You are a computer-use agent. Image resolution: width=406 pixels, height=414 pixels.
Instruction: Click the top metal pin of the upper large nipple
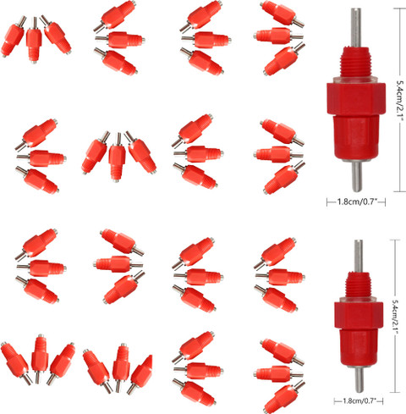pos(356,28)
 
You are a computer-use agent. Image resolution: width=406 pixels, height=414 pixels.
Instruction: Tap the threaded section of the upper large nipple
pos(356,62)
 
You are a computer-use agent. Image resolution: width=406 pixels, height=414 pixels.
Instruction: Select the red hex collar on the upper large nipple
pos(356,99)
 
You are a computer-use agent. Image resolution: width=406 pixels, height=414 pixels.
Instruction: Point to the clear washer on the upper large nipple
pos(356,80)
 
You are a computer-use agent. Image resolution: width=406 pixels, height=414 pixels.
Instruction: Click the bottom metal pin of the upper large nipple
pos(357,176)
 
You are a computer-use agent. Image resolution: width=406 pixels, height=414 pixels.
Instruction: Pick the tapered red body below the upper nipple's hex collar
pos(356,138)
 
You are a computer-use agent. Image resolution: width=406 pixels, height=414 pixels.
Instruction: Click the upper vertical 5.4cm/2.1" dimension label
pos(400,100)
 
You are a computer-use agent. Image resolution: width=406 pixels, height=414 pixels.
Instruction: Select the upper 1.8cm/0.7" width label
pos(357,201)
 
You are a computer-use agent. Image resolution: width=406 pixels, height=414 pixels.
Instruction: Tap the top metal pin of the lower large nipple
pos(359,257)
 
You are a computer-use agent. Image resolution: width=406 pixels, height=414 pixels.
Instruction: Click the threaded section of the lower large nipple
pos(359,284)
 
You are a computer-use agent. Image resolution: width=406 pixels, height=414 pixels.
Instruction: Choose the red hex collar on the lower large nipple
pos(359,316)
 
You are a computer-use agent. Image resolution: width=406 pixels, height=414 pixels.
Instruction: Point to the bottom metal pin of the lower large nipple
pos(359,379)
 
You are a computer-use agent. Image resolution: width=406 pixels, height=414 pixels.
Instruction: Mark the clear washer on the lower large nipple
pos(359,300)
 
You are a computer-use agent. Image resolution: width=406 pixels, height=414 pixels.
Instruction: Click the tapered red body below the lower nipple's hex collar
pos(359,348)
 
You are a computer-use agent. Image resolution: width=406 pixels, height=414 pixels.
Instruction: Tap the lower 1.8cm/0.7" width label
pos(359,400)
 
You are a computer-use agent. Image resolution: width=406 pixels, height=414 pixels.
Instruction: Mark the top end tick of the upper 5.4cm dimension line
pos(400,8)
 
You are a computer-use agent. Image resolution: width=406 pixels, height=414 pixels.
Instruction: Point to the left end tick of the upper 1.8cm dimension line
pos(327,202)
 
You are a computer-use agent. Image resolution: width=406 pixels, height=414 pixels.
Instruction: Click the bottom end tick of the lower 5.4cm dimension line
pos(395,392)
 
